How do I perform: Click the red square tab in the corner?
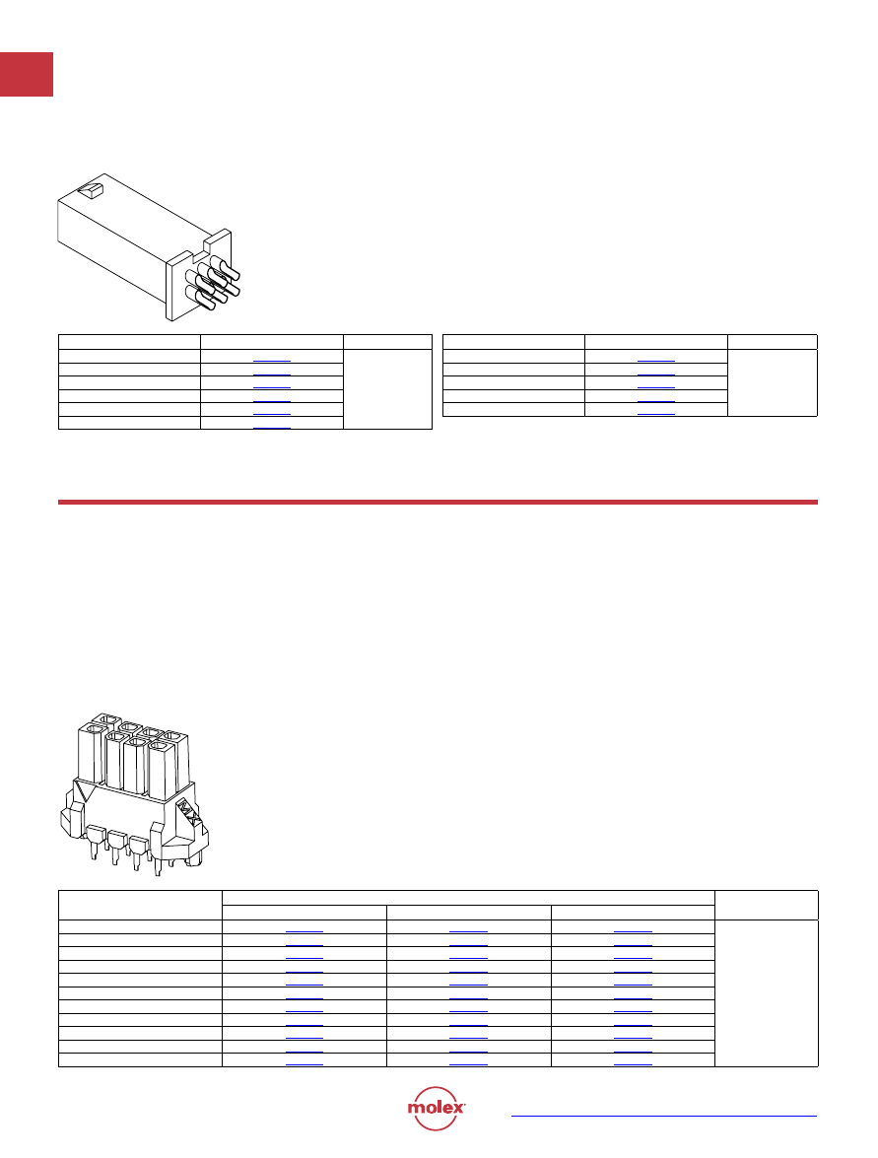pyautogui.click(x=27, y=74)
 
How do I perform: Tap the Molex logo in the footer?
pyautogui.click(x=436, y=1108)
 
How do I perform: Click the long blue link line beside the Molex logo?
pyautogui.click(x=664, y=1116)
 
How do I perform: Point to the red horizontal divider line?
pyautogui.click(x=438, y=503)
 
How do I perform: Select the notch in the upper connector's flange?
pyautogui.click(x=208, y=243)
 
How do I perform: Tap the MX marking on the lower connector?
pyautogui.click(x=188, y=816)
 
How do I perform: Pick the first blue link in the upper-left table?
pyautogui.click(x=272, y=361)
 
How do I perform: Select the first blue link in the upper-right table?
pyautogui.click(x=655, y=361)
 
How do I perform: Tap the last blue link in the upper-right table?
pyautogui.click(x=655, y=414)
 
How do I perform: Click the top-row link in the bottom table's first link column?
pyautogui.click(x=304, y=931)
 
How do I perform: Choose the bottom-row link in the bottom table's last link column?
pyautogui.click(x=633, y=1064)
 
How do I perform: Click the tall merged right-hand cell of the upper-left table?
pyautogui.click(x=387, y=389)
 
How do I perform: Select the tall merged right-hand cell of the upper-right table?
pyautogui.click(x=773, y=382)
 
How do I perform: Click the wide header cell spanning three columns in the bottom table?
pyautogui.click(x=468, y=898)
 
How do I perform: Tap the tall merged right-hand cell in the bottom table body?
pyautogui.click(x=767, y=993)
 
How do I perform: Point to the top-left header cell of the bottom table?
pyautogui.click(x=140, y=906)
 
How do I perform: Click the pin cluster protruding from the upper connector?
pyautogui.click(x=213, y=282)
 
